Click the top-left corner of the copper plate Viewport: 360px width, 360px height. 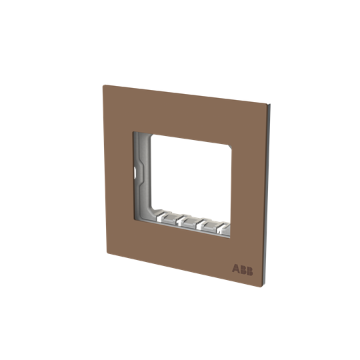[x=101, y=84]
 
